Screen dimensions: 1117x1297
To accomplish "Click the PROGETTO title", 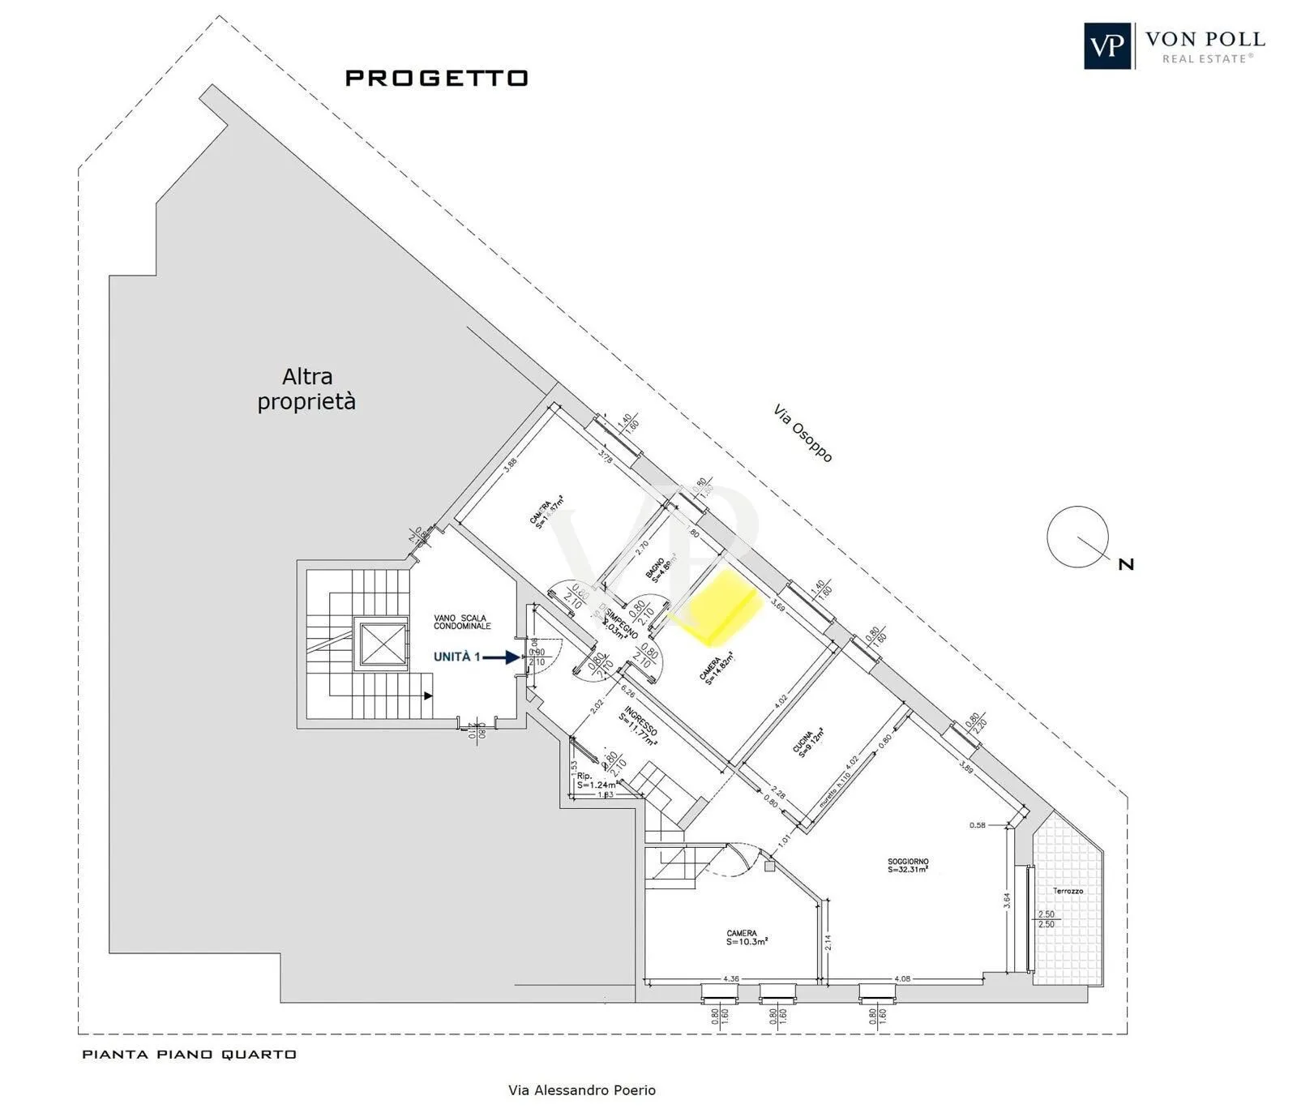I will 437,78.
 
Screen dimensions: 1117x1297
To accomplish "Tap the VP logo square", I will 1107,46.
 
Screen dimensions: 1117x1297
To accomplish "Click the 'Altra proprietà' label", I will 306,389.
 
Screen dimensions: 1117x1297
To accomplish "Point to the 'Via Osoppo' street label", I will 803,434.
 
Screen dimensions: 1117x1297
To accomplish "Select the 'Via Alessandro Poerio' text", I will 581,1090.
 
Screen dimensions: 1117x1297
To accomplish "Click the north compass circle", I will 1077,537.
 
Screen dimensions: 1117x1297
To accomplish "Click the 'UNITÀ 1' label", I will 457,657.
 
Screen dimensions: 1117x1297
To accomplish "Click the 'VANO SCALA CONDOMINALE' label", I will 462,622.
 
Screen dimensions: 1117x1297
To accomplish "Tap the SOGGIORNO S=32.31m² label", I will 908,866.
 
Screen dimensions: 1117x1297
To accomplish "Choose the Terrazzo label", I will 1068,891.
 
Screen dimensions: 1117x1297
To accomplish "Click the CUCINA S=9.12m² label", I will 807,741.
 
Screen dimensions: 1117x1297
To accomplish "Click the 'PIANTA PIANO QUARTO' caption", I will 189,1055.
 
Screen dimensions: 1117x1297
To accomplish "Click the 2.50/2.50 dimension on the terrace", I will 1047,918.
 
